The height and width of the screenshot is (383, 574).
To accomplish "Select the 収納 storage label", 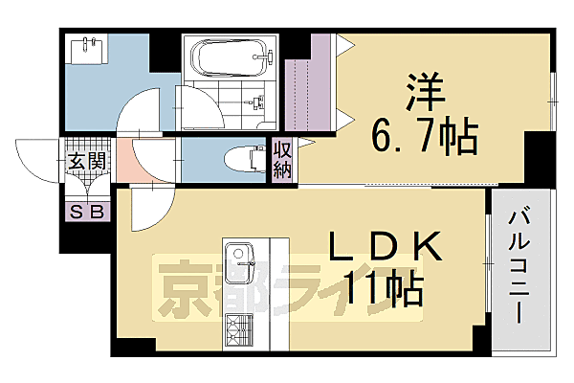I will click(283, 161).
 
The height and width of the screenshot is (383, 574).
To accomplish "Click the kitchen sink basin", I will click(238, 259).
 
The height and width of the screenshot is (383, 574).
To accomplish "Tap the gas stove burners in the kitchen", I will click(236, 335).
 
